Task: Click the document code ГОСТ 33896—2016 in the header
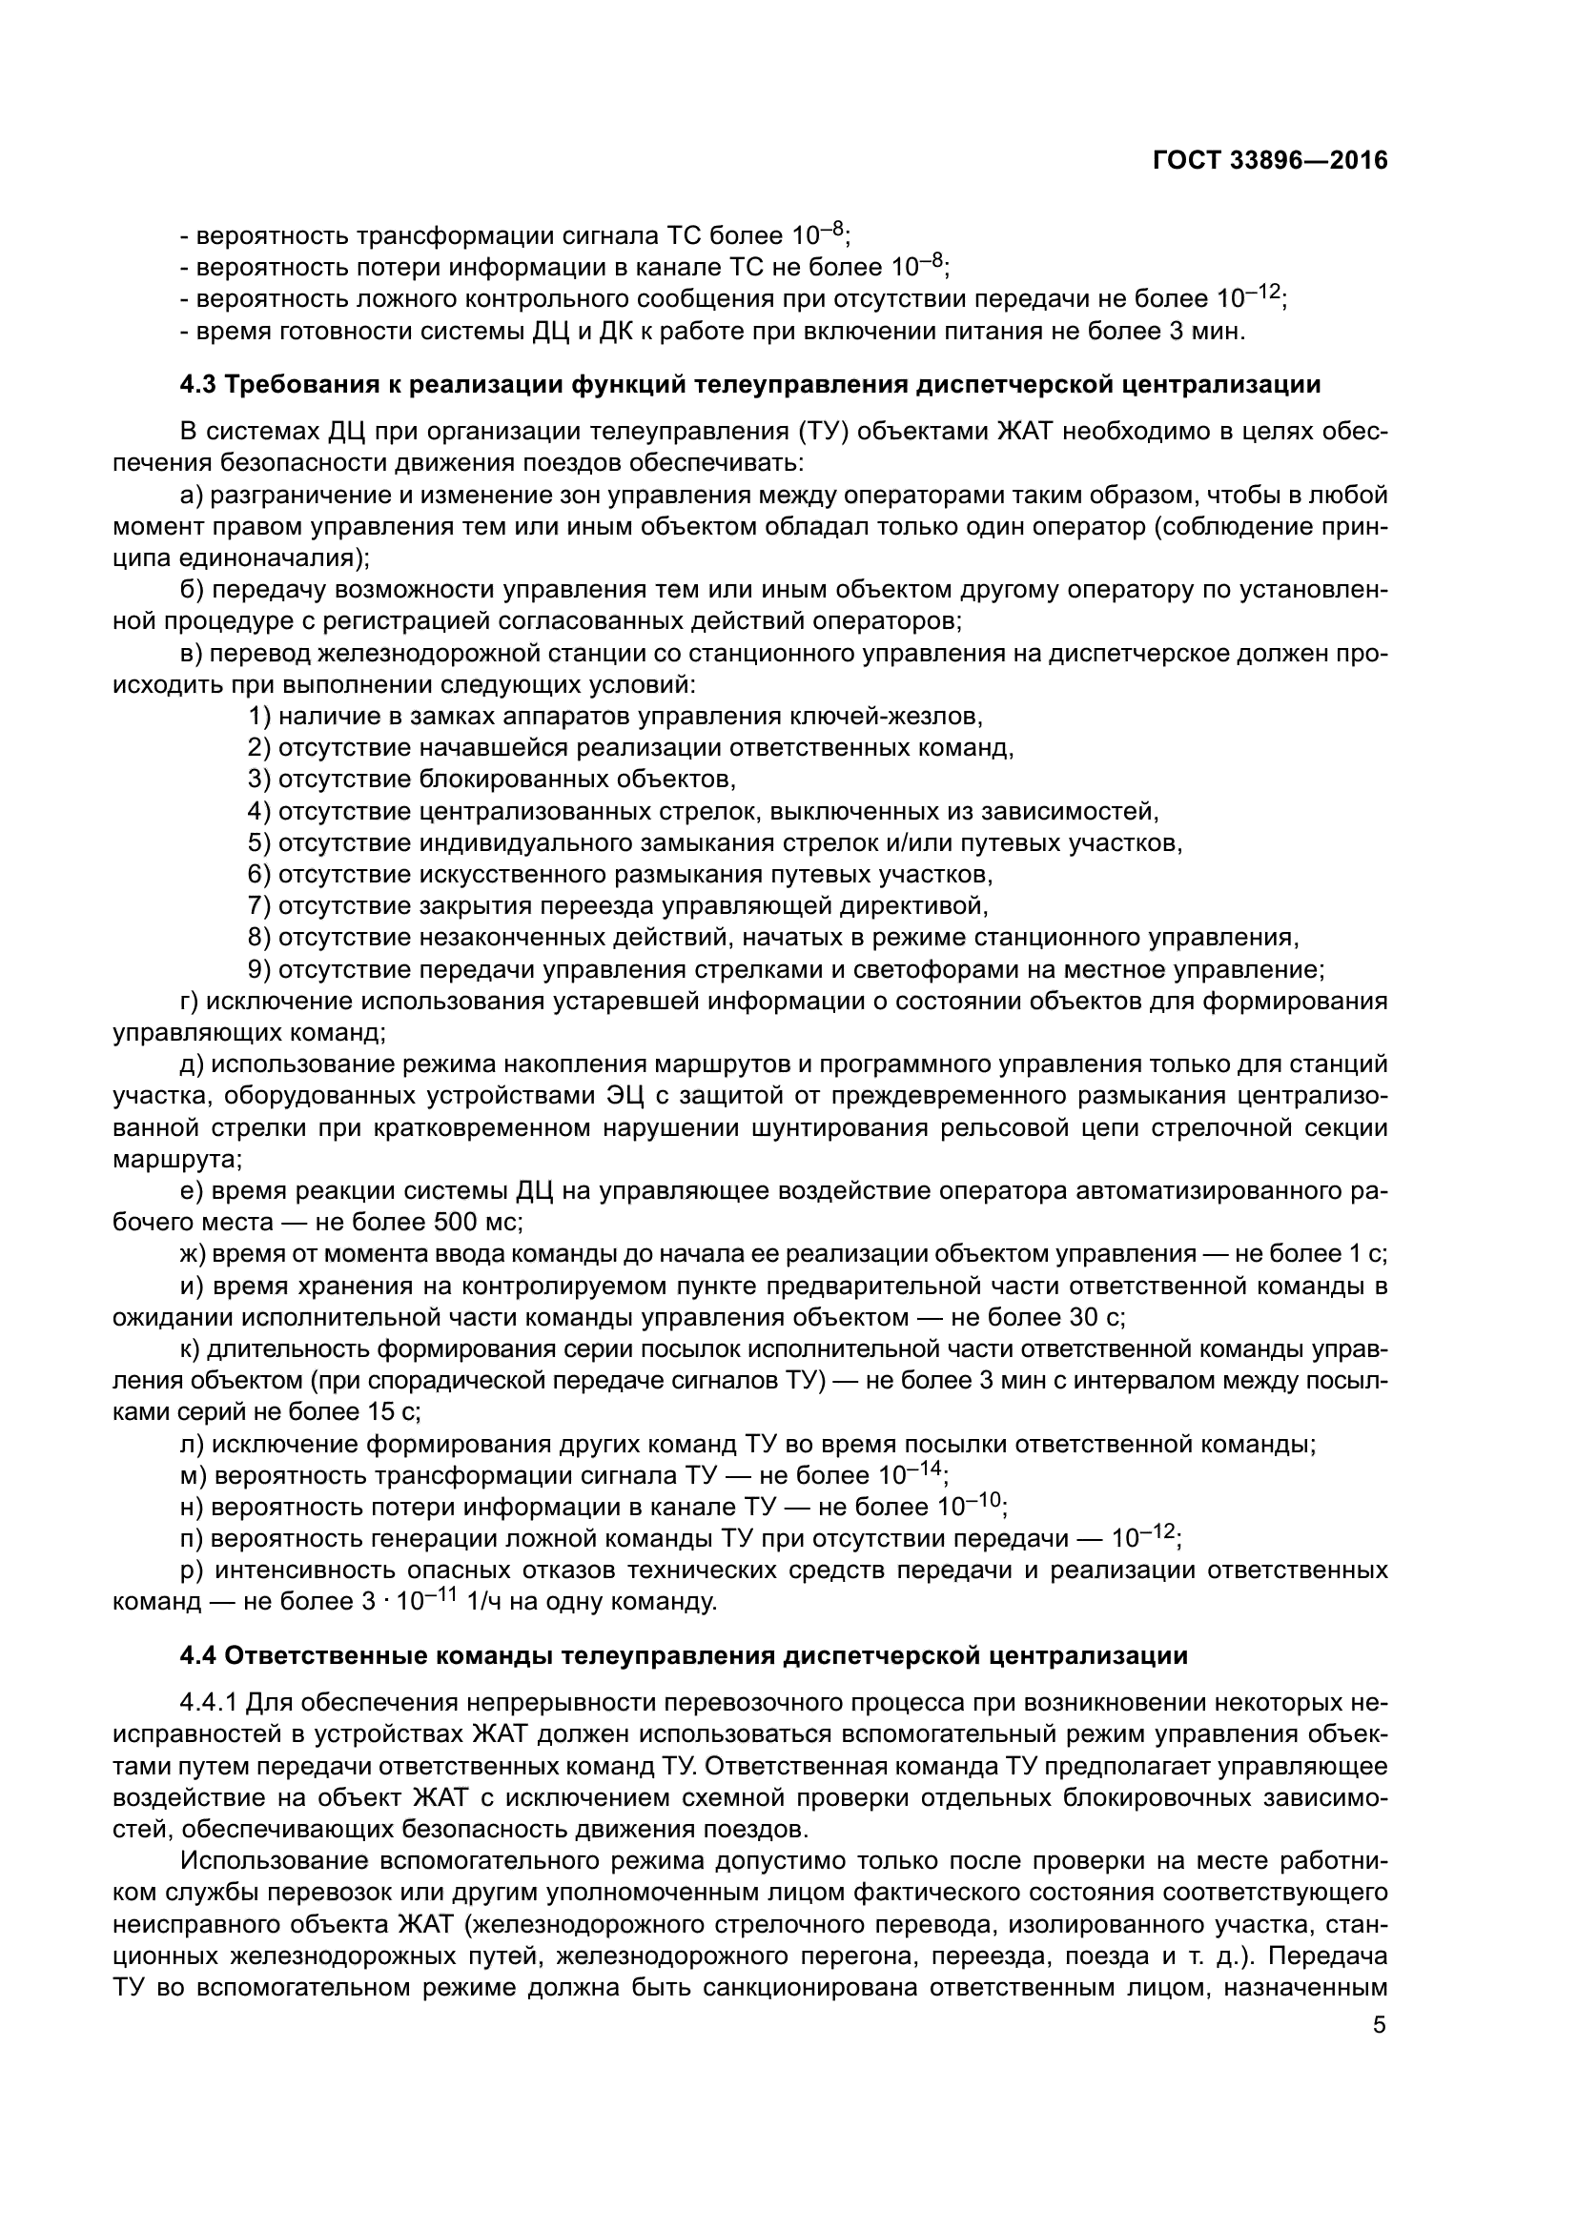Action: [x=1269, y=161]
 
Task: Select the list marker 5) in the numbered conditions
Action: [x=259, y=842]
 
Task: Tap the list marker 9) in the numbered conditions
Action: [x=259, y=969]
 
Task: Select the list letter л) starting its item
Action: [x=194, y=1444]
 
